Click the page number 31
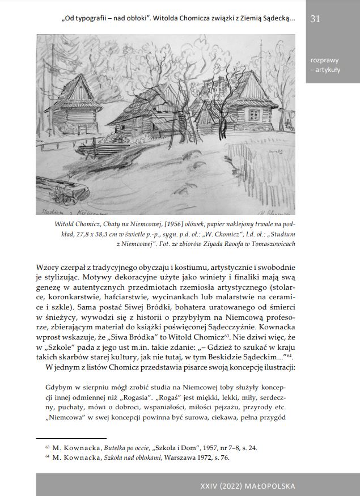coord(316,19)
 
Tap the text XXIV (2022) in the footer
coord(223,486)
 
